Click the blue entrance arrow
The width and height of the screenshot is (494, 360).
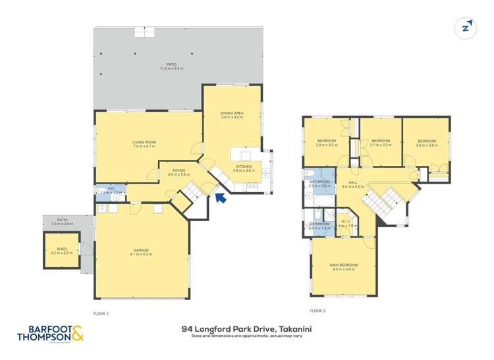221,197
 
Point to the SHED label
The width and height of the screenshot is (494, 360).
61,250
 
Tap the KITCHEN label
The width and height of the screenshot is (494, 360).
244,168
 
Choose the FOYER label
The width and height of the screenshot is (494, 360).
178,172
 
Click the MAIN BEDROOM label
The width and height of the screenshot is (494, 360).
343,267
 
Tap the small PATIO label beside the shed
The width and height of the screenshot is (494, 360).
62,221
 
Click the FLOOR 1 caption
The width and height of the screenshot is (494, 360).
101,314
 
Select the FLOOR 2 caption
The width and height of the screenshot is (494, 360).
318,310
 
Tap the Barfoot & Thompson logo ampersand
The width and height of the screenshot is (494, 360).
77,334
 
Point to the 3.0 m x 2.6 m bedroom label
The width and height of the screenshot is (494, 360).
427,143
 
